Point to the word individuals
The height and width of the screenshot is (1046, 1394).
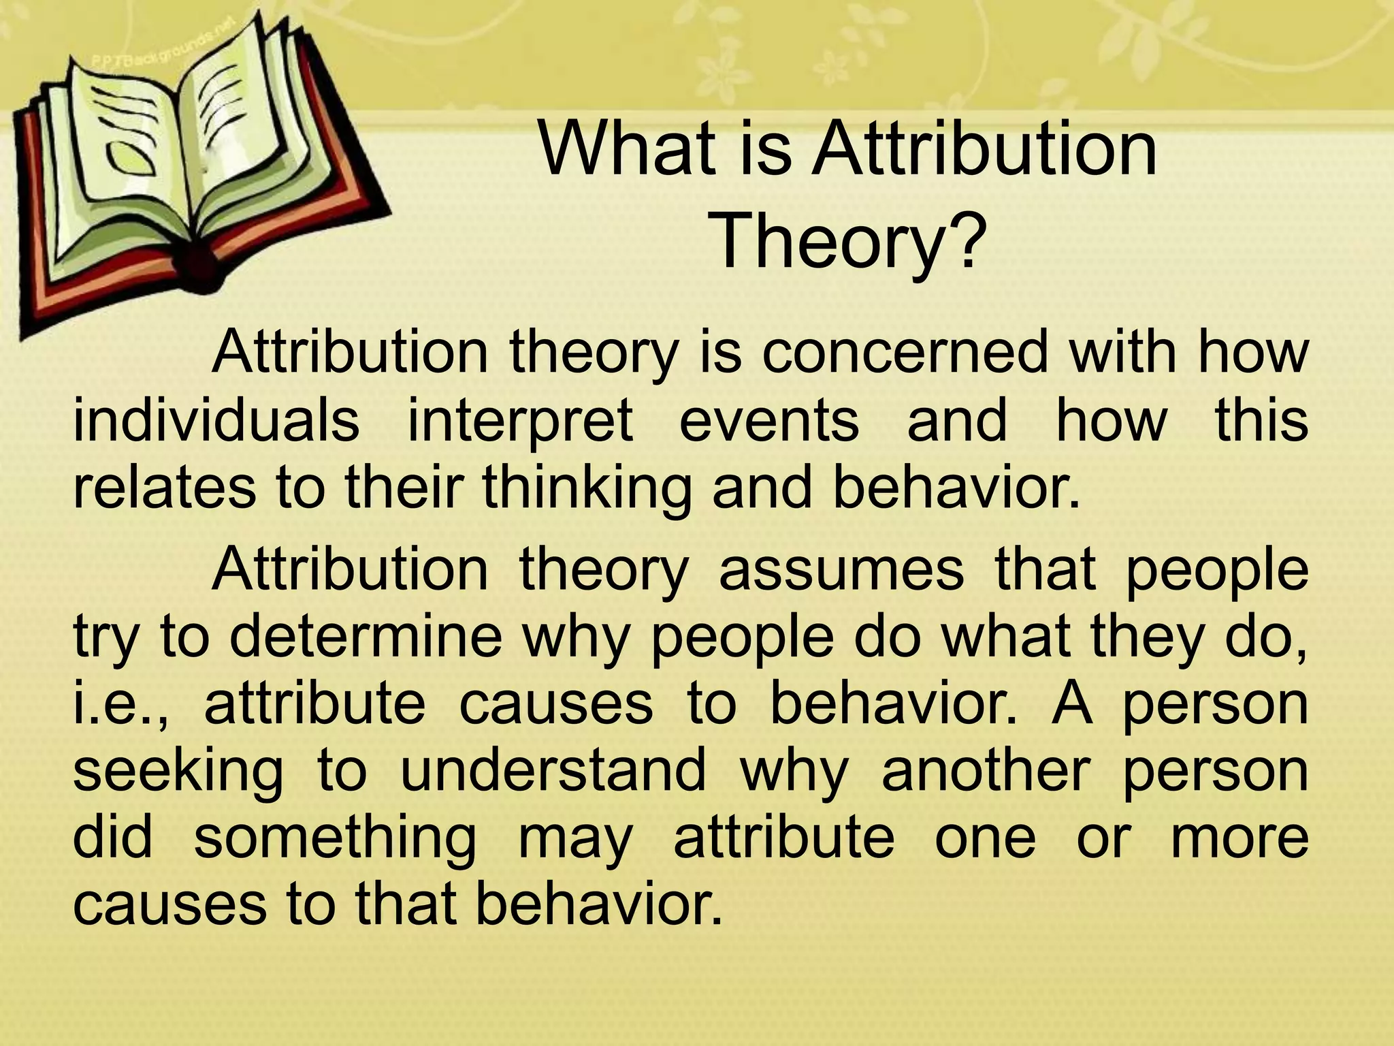[x=216, y=420]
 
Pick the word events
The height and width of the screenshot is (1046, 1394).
[x=769, y=420]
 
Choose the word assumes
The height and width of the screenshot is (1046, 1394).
[x=841, y=570]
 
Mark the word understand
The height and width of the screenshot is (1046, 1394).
[x=553, y=770]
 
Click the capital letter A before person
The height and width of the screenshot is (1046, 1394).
[x=1072, y=702]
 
